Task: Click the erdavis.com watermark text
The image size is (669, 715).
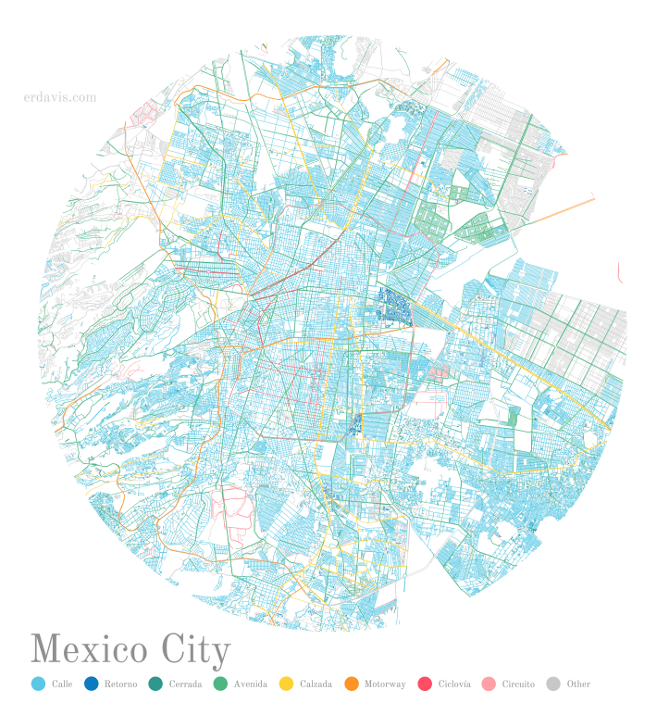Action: (60, 96)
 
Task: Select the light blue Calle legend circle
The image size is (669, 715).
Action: (38, 684)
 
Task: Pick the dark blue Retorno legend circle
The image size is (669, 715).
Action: (91, 684)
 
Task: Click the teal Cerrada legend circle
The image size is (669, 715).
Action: (155, 684)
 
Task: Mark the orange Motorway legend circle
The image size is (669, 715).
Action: (351, 684)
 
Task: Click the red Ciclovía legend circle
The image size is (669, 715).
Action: (425, 684)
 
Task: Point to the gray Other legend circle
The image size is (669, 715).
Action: (553, 684)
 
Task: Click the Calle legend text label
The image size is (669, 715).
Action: (62, 684)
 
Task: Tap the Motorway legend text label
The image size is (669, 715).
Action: (385, 684)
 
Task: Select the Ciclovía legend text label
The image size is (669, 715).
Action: (454, 684)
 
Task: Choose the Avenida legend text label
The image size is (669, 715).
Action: (251, 684)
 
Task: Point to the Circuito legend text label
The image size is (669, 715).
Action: (518, 684)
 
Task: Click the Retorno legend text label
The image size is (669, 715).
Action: (120, 684)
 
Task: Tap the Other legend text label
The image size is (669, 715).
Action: (578, 684)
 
